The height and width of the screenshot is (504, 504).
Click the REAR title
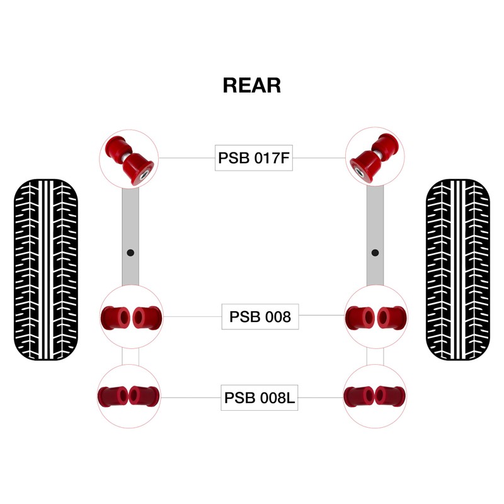click(252, 85)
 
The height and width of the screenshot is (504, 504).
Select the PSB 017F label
click(254, 158)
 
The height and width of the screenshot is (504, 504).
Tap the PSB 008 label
click(260, 316)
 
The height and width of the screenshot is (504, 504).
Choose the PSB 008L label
click(260, 398)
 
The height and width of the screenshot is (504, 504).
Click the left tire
click(45, 270)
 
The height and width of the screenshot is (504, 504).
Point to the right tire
click(458, 270)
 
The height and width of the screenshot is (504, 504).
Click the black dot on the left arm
click(130, 253)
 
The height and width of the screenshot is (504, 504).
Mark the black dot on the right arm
click(375, 253)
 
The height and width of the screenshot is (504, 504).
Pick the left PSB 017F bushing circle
click(130, 157)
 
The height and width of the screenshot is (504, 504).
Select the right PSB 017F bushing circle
click(375, 157)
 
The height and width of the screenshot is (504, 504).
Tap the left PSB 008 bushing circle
click(131, 316)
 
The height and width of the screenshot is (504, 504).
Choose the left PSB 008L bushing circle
click(130, 396)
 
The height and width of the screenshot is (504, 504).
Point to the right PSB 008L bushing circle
click(374, 396)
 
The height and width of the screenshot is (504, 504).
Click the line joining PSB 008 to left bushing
click(192, 316)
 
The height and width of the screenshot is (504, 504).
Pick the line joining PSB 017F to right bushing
click(319, 158)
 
